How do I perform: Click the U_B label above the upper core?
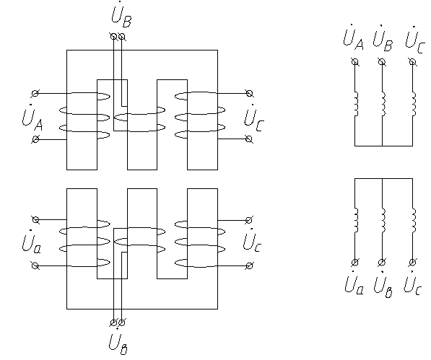(121, 15)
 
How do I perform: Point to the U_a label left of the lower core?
(32, 242)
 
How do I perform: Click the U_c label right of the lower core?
(252, 241)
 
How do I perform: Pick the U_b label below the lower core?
(118, 342)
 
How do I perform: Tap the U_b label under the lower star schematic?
(383, 285)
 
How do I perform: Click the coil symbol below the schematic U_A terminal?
(355, 104)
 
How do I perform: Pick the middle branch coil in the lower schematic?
(383, 220)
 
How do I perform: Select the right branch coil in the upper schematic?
(414, 105)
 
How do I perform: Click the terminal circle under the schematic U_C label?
(412, 62)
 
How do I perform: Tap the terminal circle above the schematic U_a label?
(355, 262)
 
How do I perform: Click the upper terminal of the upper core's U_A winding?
(35, 94)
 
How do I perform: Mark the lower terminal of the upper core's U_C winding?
(249, 139)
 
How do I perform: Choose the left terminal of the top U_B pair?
(113, 36)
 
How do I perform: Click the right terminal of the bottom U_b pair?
(122, 322)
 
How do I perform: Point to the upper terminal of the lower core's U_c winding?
(249, 220)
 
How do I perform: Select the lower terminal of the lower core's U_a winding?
(35, 265)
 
